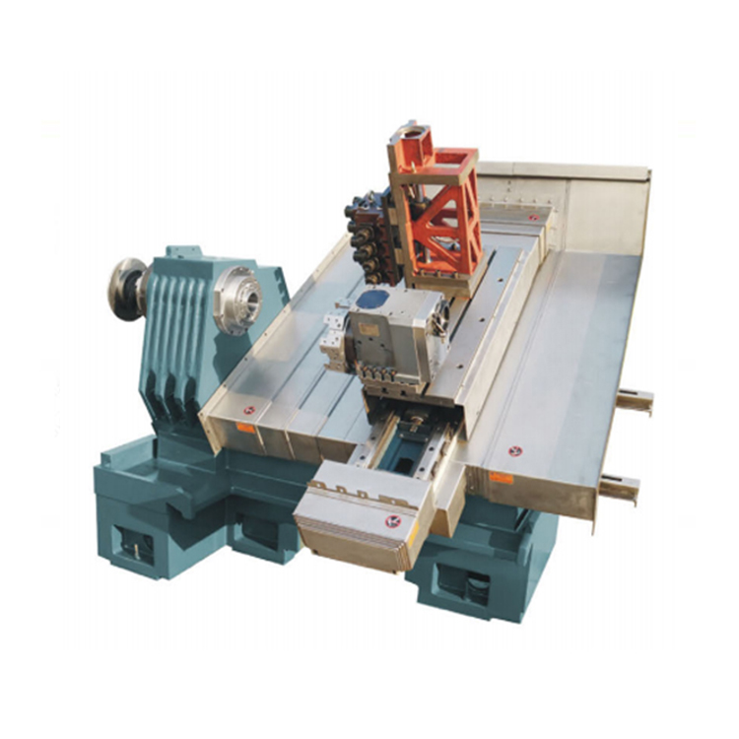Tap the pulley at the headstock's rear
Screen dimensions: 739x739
[125, 288]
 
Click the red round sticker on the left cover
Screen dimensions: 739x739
[249, 409]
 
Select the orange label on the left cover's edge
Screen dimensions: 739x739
[245, 428]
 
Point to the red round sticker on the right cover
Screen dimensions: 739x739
[513, 451]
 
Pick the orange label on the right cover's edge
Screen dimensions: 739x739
[502, 478]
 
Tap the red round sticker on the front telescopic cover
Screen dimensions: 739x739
[394, 520]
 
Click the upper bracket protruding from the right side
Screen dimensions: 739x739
[634, 399]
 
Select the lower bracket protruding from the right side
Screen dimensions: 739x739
[619, 486]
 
